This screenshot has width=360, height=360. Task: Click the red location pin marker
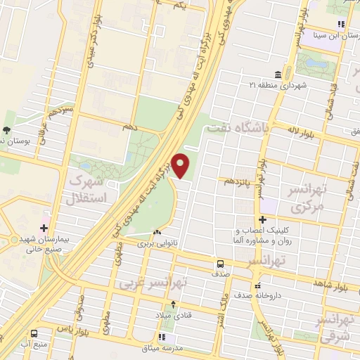coord(181,166)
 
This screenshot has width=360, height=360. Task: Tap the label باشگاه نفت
coord(236,129)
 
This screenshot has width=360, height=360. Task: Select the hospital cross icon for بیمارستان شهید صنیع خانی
coord(44,228)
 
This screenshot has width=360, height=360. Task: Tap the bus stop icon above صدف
coord(220,264)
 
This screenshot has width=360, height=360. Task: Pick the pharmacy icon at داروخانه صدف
coord(258,286)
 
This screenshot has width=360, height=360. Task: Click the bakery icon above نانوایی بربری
coord(157,233)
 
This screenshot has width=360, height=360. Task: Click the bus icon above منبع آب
coord(34,333)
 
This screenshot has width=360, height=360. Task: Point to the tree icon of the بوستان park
coord(6,129)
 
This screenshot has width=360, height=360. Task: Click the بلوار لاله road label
coord(303,130)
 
